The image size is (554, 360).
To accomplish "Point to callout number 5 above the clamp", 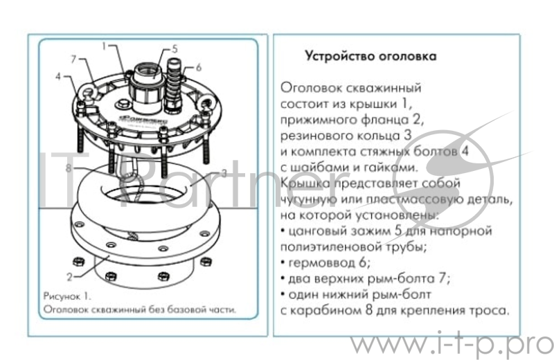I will pyautogui.click(x=175, y=49).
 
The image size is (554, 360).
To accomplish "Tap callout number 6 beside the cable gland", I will pyautogui.click(x=198, y=67).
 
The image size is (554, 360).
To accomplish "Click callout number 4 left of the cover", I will pyautogui.click(x=60, y=76).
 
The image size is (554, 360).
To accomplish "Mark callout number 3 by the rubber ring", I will pyautogui.click(x=224, y=174).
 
